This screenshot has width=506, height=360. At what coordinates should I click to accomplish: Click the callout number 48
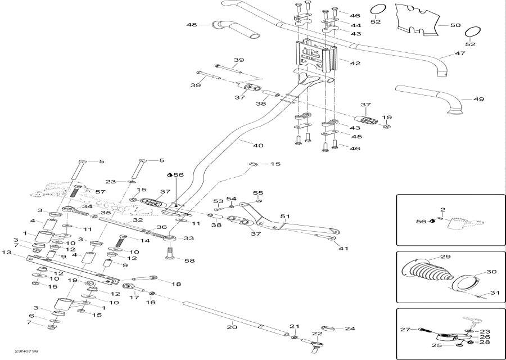[x=192, y=25]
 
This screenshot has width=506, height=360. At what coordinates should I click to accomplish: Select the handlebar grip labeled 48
[x=234, y=29]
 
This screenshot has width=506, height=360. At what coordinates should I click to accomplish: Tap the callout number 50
[x=455, y=25]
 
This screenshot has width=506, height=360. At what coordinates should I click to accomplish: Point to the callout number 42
[x=355, y=64]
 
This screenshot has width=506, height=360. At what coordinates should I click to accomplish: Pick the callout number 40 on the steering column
[x=257, y=146]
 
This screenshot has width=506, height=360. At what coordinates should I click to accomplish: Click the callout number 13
[x=7, y=253]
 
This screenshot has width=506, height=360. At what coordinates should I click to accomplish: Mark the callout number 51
[x=284, y=216]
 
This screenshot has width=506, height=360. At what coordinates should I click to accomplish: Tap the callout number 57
[x=100, y=192]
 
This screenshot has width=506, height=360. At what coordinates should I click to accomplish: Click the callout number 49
[x=478, y=99]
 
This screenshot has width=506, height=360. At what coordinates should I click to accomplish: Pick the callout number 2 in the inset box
[x=442, y=210]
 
